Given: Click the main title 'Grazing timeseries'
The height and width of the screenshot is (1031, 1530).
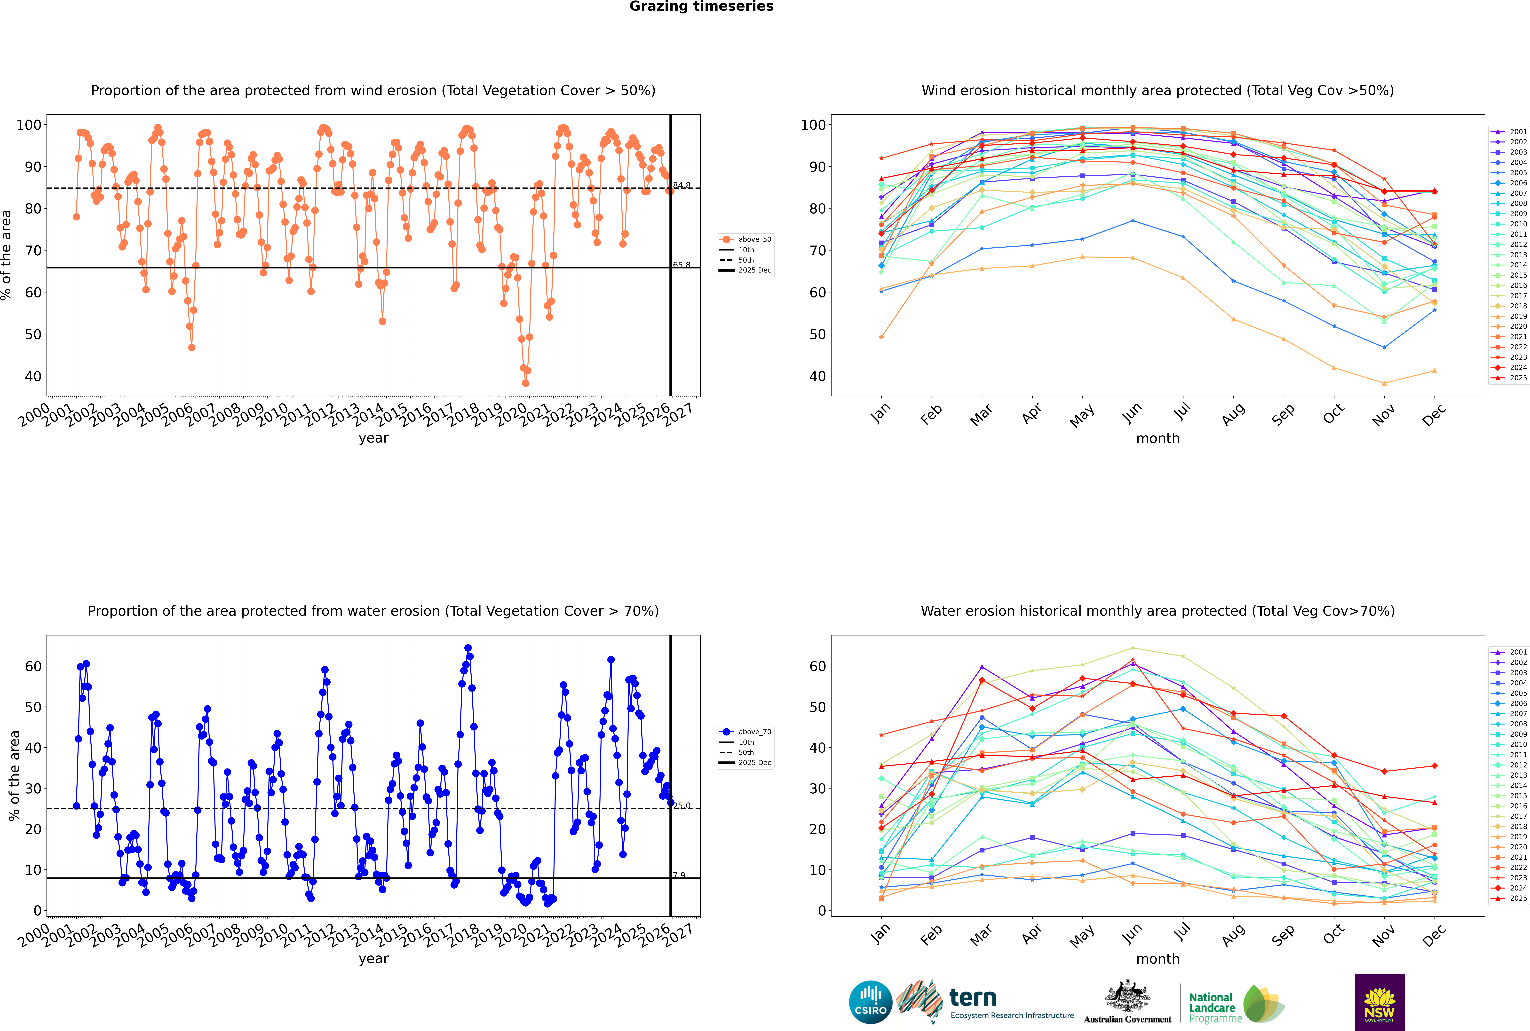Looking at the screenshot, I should tap(701, 7).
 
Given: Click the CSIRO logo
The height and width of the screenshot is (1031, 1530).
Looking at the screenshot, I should tap(870, 1002).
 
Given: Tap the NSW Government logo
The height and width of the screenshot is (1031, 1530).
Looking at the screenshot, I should tap(1379, 1001).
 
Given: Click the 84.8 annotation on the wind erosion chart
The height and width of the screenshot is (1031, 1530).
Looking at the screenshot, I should tap(682, 185).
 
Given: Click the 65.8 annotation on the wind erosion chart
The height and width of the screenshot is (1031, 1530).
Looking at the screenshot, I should tap(682, 265).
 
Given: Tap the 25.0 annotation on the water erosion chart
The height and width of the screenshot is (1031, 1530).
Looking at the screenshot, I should tap(682, 805).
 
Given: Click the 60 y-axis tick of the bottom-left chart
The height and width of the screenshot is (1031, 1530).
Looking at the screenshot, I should tap(33, 666).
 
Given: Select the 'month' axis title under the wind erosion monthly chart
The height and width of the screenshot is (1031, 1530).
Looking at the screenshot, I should tap(1158, 439).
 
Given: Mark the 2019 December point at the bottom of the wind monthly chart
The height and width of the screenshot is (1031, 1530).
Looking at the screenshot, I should tap(1435, 371).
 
